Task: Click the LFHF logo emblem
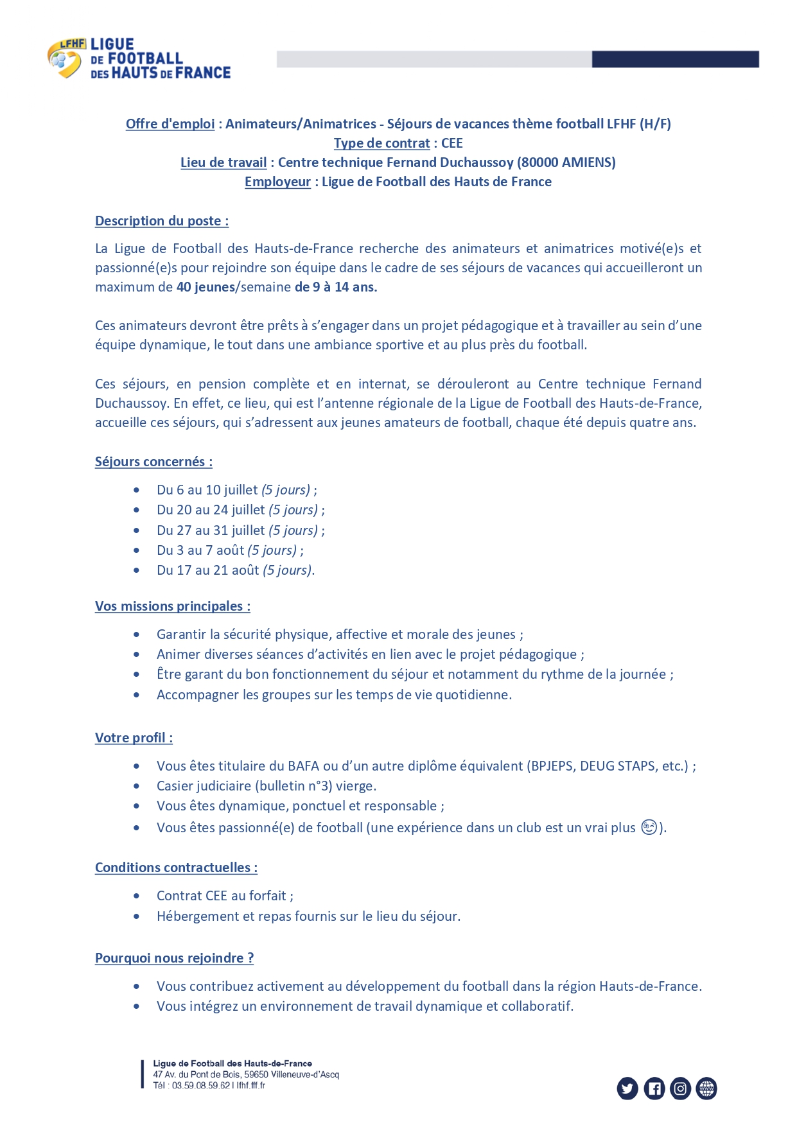65,59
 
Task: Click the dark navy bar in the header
674,59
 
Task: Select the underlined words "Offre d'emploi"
170,124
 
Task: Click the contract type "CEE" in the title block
451,143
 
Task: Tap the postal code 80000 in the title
539,162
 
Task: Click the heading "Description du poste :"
162,221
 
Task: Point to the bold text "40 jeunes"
206,287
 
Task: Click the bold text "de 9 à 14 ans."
336,287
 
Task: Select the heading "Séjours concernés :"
153,462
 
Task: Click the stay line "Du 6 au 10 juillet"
207,490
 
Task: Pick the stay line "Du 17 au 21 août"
207,570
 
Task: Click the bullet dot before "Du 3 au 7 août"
137,550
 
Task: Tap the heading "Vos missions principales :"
173,606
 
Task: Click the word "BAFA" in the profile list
303,766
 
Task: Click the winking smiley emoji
649,827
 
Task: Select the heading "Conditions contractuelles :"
176,868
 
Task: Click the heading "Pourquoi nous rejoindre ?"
174,958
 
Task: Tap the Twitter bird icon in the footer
627,1088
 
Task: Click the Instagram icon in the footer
680,1088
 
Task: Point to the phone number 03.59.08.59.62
200,1085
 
